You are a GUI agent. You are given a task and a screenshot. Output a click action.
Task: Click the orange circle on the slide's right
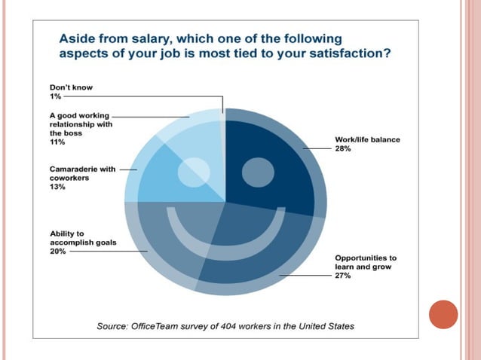pyautogui.click(x=443, y=314)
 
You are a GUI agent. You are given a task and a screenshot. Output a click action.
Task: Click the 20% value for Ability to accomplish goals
pyautogui.click(x=58, y=252)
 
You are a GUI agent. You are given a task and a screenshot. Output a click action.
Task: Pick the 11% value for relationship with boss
pyautogui.click(x=57, y=142)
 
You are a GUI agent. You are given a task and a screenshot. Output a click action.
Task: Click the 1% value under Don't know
pyautogui.click(x=55, y=96)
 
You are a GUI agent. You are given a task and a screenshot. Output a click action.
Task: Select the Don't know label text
pyautogui.click(x=72, y=87)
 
